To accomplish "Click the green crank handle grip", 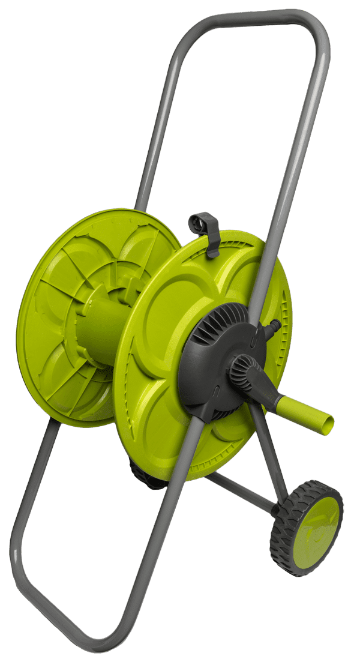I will pos(303,415).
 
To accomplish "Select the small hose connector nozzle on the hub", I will pos(273,328).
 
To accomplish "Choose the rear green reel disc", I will pos(66,336).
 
